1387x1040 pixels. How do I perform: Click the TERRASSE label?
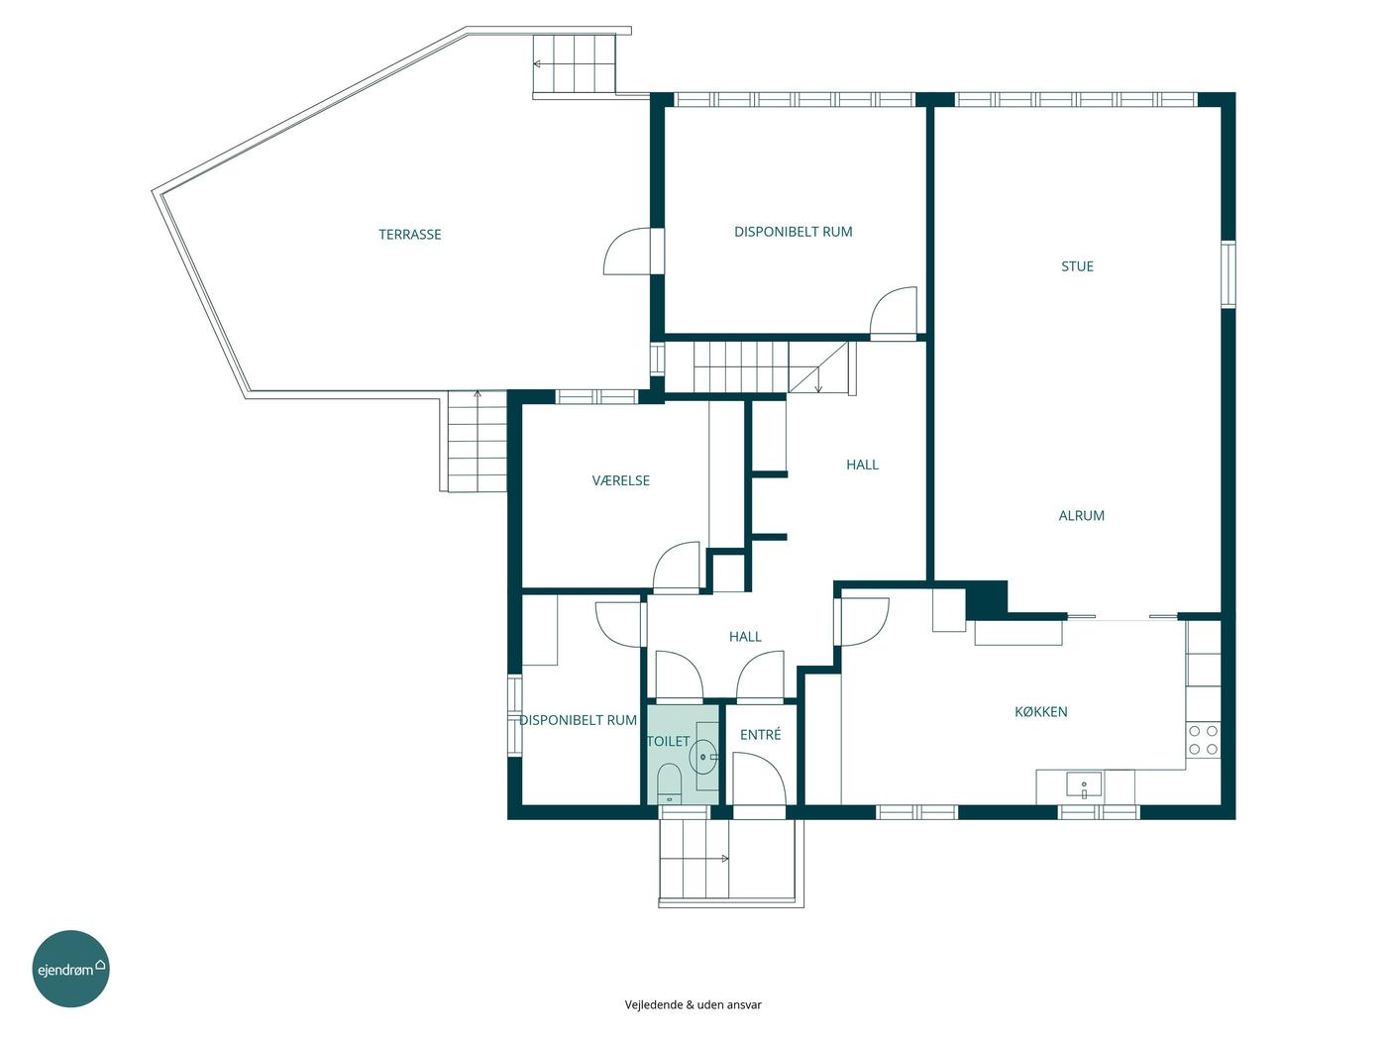(409, 235)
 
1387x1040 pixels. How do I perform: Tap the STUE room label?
(1077, 266)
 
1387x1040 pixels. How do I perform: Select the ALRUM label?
(1081, 515)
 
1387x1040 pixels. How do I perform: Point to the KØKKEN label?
(1040, 711)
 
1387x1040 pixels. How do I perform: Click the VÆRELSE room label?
(620, 480)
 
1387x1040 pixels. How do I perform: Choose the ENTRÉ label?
(760, 734)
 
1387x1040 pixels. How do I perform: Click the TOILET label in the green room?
(668, 741)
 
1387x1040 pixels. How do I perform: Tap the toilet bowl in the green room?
(669, 783)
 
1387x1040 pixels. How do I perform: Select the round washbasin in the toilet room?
(702, 757)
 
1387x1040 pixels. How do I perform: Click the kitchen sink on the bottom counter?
(1084, 784)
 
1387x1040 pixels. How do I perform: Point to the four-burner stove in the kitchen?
(1203, 740)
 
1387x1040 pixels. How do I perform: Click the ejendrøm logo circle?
(70, 968)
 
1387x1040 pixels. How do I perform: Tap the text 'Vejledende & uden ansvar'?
(693, 1004)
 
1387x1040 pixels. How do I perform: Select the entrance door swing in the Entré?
(759, 779)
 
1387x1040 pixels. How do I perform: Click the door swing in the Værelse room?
(677, 567)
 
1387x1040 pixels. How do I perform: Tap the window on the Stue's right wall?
(1227, 273)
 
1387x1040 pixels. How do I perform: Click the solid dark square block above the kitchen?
(986, 598)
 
